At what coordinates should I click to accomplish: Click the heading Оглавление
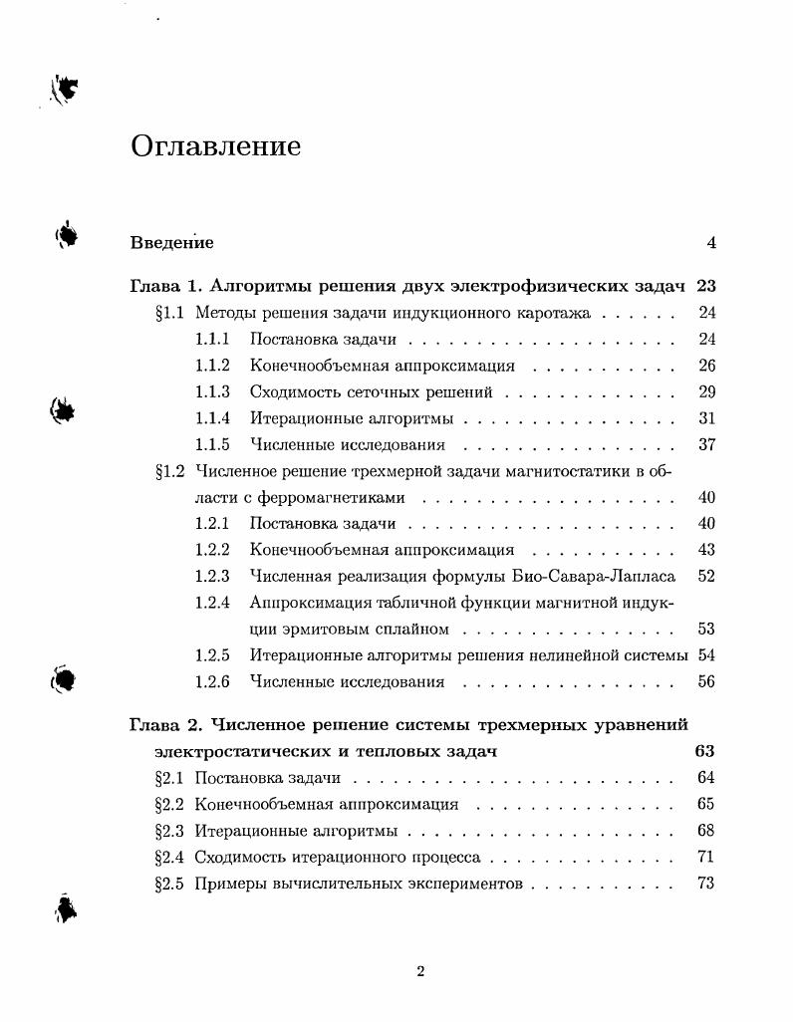215,146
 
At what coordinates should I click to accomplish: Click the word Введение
171,242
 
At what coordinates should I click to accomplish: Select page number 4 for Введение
711,242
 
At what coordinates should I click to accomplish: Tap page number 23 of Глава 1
706,287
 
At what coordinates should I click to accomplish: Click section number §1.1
170,313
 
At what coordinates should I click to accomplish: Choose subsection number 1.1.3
212,392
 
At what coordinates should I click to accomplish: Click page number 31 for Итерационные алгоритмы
707,418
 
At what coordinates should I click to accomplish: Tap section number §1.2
170,471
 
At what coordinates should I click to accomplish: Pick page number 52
707,576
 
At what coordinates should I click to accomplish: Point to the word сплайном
410,630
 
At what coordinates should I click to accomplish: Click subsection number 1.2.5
212,655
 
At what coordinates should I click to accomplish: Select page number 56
707,682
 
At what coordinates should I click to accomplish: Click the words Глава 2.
166,725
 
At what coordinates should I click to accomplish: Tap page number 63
704,751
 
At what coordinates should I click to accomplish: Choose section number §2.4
170,857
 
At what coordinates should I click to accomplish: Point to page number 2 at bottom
420,972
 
